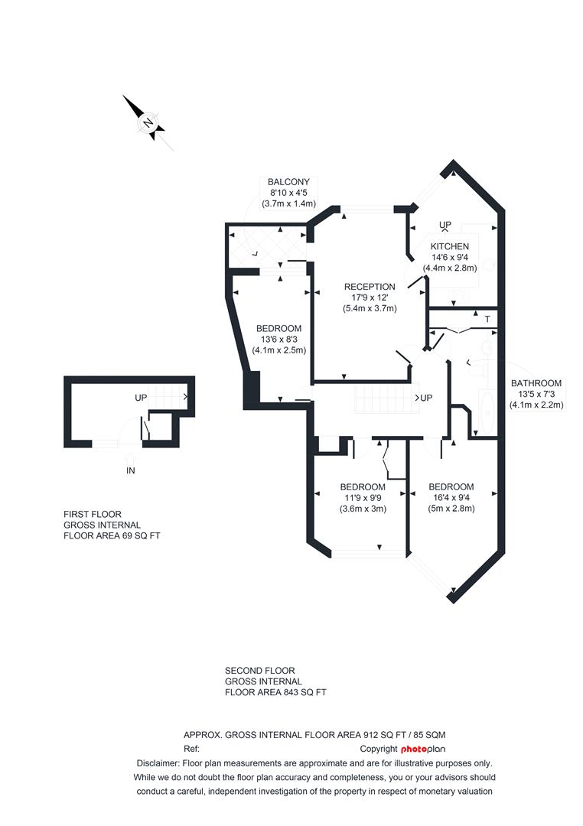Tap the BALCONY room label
pyautogui.click(x=288, y=182)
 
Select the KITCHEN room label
pyautogui.click(x=449, y=246)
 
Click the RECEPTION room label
pyautogui.click(x=370, y=287)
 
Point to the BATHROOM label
pyautogui.click(x=536, y=383)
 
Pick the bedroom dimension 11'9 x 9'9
pyautogui.click(x=363, y=498)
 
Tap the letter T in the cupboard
pyautogui.click(x=487, y=318)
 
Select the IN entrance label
pyautogui.click(x=131, y=471)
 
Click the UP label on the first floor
pyautogui.click(x=141, y=398)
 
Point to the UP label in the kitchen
pyautogui.click(x=445, y=225)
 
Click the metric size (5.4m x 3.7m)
pyautogui.click(x=370, y=308)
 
